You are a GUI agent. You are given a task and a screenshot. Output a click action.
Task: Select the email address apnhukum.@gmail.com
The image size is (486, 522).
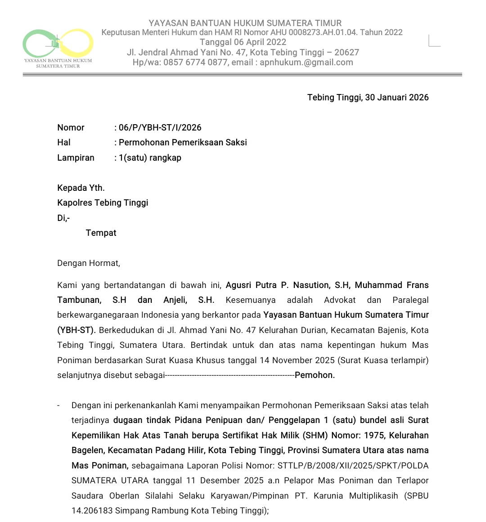point(306,63)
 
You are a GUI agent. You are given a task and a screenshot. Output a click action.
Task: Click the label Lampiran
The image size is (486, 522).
point(76,157)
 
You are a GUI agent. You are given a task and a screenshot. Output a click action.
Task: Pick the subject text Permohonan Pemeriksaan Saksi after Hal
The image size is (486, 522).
point(183,142)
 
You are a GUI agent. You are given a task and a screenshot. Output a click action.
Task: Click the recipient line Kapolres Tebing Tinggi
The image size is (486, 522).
point(103,202)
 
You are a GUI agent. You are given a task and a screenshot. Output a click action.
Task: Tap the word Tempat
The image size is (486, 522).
point(101,233)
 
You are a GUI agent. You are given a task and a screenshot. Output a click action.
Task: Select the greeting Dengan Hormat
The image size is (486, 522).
point(89,263)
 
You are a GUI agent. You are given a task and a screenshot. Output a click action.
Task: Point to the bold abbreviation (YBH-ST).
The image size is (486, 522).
point(76,330)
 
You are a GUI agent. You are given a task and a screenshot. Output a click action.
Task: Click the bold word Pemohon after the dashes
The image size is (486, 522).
point(315,375)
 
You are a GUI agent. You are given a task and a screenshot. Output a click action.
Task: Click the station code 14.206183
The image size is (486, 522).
point(92,510)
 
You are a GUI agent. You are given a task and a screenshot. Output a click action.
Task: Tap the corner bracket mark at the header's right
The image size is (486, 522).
point(434,41)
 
